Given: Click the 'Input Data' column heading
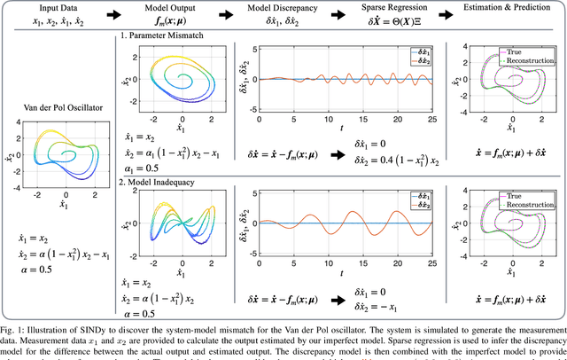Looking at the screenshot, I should [x=45, y=6].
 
